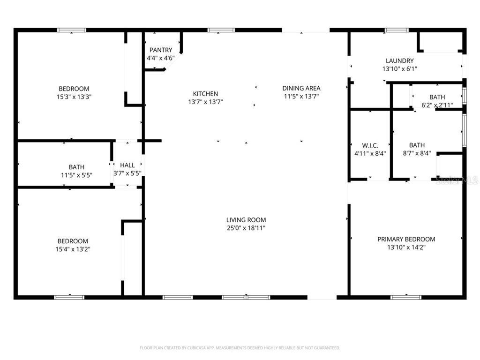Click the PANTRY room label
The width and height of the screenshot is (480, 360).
pos(161,50)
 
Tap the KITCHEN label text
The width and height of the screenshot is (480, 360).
pos(205,94)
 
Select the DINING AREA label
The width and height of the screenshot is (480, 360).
pos(301,88)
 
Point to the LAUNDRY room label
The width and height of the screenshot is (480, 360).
pos(399,60)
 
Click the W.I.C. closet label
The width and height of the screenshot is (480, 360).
pos(370,145)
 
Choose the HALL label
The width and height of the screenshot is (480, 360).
pos(127,165)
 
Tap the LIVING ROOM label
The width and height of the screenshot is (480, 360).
pos(246,220)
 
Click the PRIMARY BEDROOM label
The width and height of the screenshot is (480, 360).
pos(406,239)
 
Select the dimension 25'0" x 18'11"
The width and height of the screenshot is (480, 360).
pos(246,228)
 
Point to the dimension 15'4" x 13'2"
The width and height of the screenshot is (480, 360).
pos(72,249)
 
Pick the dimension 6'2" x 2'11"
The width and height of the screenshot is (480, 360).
pos(437,105)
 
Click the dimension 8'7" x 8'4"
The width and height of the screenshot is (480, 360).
pos(417,153)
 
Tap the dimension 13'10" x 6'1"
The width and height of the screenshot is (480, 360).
pos(399,69)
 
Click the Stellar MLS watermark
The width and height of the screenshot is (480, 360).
pos(457,180)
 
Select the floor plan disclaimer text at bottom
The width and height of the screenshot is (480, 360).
pos(240,348)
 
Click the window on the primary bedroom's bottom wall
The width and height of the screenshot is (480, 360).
pos(405,297)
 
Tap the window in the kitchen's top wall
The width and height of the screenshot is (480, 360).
pos(221,30)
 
